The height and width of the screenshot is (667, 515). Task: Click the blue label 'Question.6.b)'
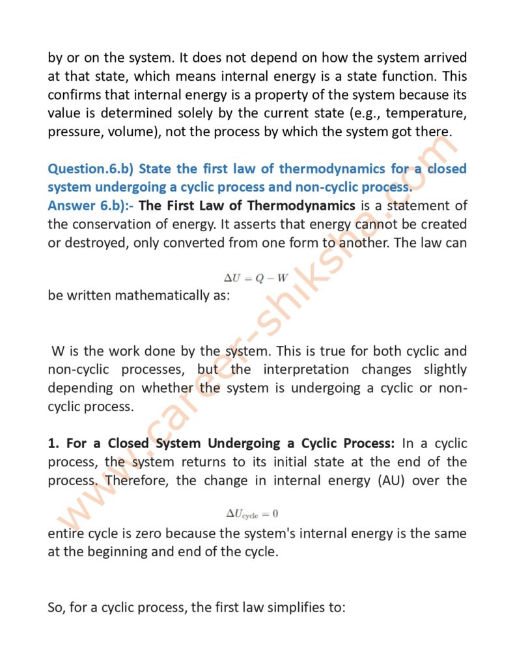pyautogui.click(x=90, y=169)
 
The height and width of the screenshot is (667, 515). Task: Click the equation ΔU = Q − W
pyautogui.click(x=256, y=277)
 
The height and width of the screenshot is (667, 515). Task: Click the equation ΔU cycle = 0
pyautogui.click(x=252, y=514)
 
